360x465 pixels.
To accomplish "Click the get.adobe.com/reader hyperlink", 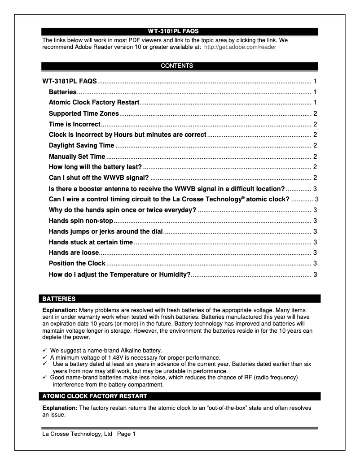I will pos(240,47).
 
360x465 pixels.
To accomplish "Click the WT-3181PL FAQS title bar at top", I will pos(180,31).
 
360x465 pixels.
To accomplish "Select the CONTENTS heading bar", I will pos(180,66).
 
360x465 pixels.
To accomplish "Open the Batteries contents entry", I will pos(62,92).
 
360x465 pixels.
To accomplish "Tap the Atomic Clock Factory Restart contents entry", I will pos(94,103).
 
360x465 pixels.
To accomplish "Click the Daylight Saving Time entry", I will pos(81,145).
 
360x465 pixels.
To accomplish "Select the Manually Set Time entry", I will pos(77,156).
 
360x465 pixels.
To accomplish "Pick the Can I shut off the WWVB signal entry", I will pos(99,178).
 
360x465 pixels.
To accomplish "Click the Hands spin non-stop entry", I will pos(81,221).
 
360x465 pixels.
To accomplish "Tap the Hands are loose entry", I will pos(74,252).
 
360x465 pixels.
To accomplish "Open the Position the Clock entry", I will pos(77,263).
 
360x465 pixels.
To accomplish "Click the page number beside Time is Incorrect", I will pos(315,124).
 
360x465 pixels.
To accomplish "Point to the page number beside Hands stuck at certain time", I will pos(315,242).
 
